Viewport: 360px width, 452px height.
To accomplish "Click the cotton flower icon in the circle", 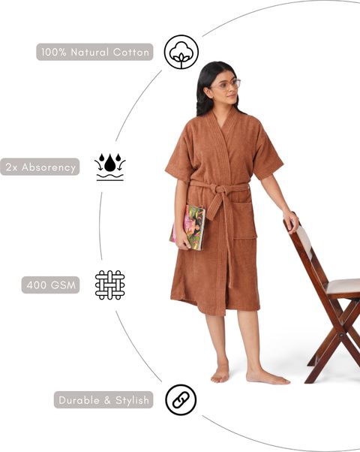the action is click(181, 52).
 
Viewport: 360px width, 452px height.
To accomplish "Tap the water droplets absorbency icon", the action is click(110, 167).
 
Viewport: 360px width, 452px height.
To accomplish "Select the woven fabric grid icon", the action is click(110, 285).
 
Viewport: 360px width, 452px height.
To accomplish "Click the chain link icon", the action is click(181, 400).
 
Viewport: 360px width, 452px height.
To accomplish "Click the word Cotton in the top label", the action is click(131, 52).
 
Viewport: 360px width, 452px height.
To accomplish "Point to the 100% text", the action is click(54, 52).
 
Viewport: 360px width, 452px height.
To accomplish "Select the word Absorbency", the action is click(49, 167).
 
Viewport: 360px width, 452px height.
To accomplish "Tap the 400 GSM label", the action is click(51, 285).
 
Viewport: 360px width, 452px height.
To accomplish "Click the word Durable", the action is click(79, 400).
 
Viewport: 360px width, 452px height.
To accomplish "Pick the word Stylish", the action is click(132, 400).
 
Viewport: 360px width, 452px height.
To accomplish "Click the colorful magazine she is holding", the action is click(187, 228).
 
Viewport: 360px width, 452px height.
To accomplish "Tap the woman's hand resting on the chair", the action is click(292, 221).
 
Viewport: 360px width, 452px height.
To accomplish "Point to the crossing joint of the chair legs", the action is click(341, 335).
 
